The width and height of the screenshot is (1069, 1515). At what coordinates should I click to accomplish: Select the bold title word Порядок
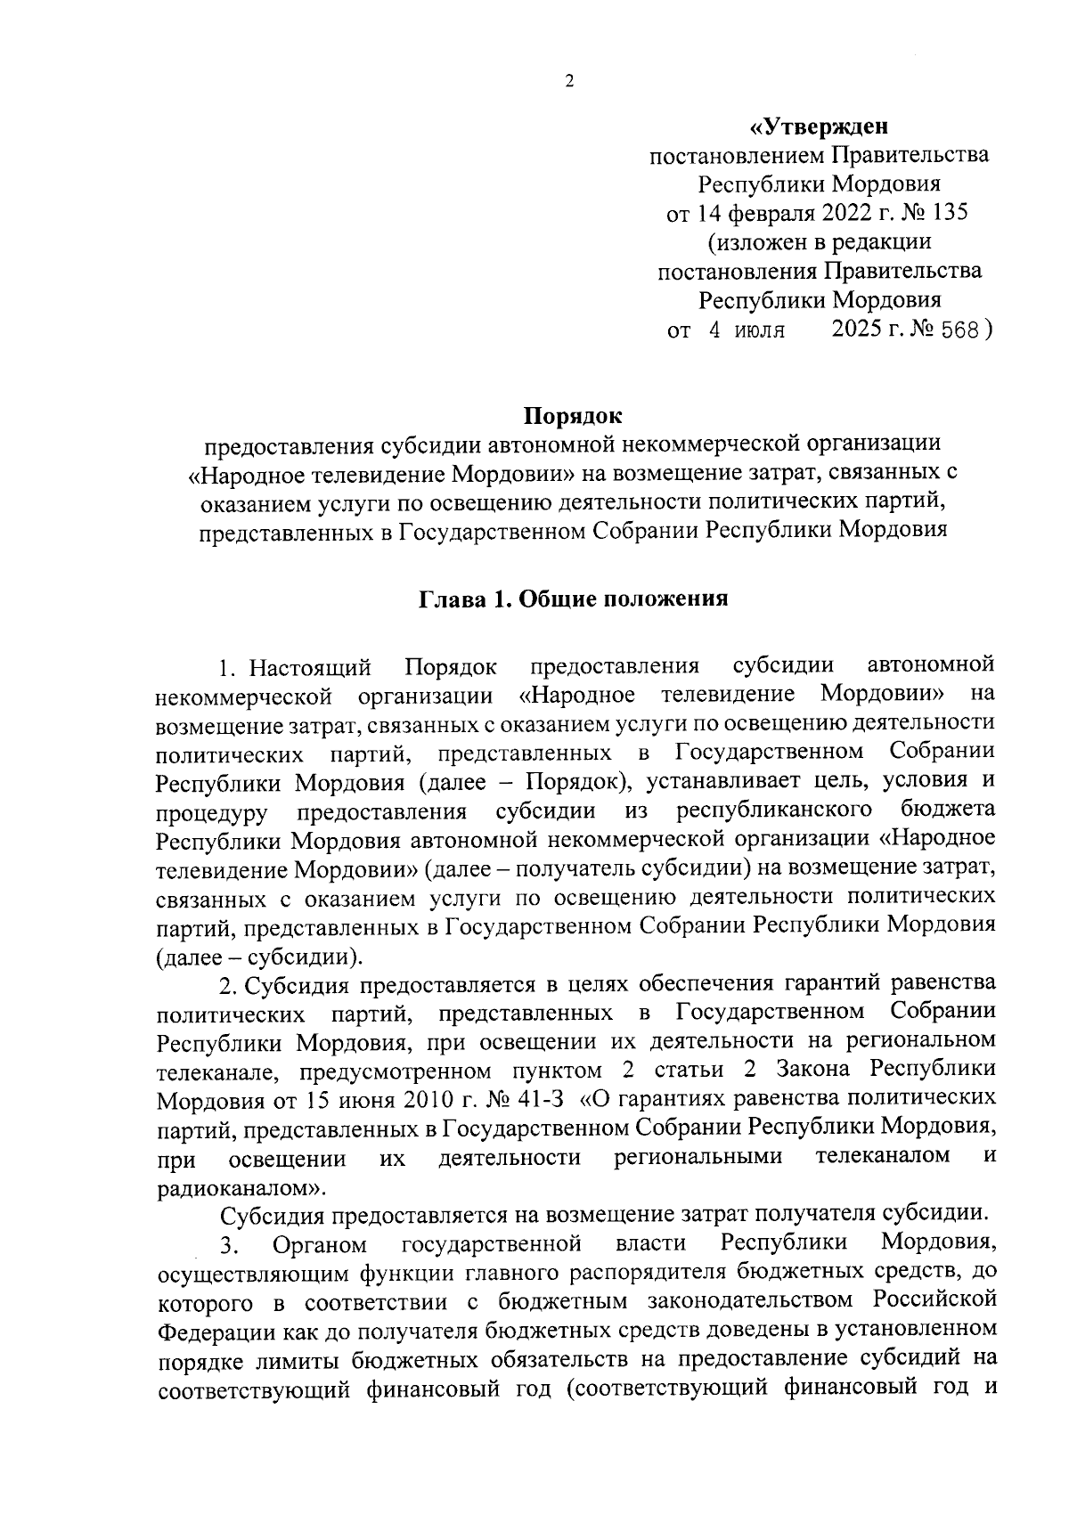pyautogui.click(x=573, y=415)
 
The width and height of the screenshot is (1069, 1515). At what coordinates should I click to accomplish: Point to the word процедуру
pyautogui.click(x=212, y=812)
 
